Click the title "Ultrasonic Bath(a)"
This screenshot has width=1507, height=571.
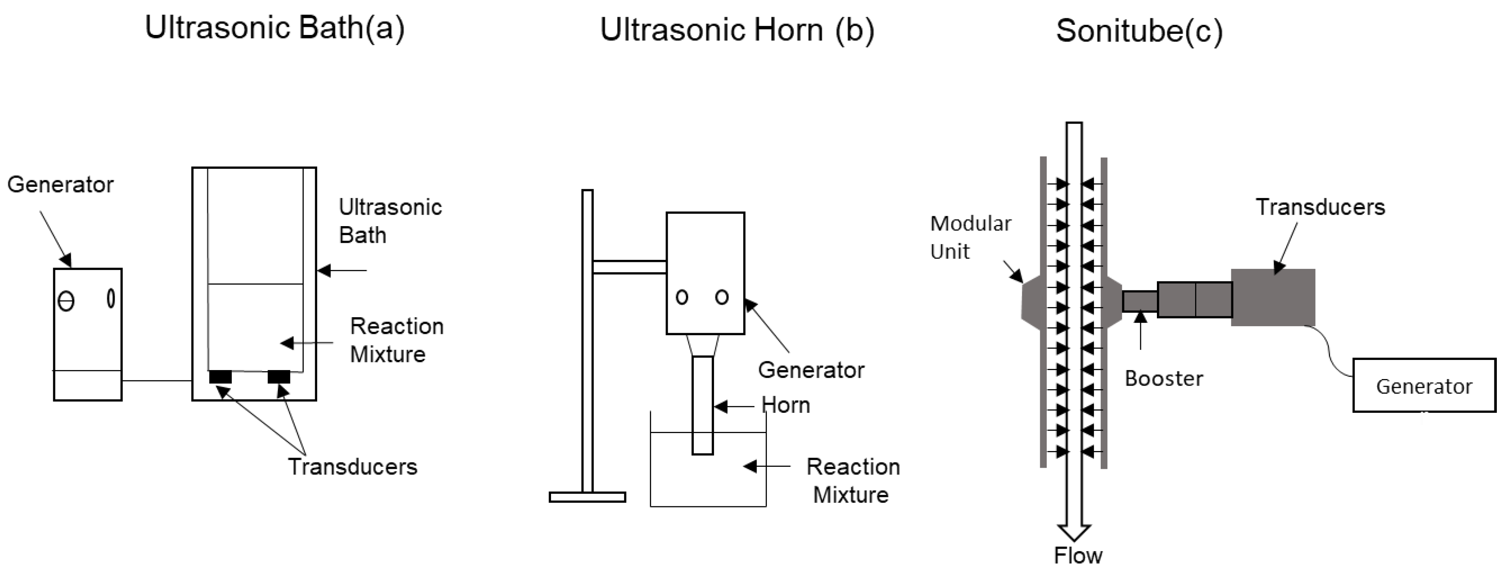[274, 28]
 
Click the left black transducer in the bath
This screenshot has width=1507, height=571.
[220, 377]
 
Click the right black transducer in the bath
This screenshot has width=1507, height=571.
[279, 377]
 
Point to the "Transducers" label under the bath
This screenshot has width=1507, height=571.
[352, 467]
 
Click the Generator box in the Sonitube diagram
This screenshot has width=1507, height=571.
[1424, 386]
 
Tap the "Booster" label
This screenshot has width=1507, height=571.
[1164, 379]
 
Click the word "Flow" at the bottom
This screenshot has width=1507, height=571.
[1078, 555]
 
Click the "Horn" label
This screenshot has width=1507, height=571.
[786, 405]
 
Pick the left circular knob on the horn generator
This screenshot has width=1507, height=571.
[682, 297]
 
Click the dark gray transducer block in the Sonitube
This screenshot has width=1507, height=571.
[1273, 297]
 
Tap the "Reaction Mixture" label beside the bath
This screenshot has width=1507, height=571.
[396, 340]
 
